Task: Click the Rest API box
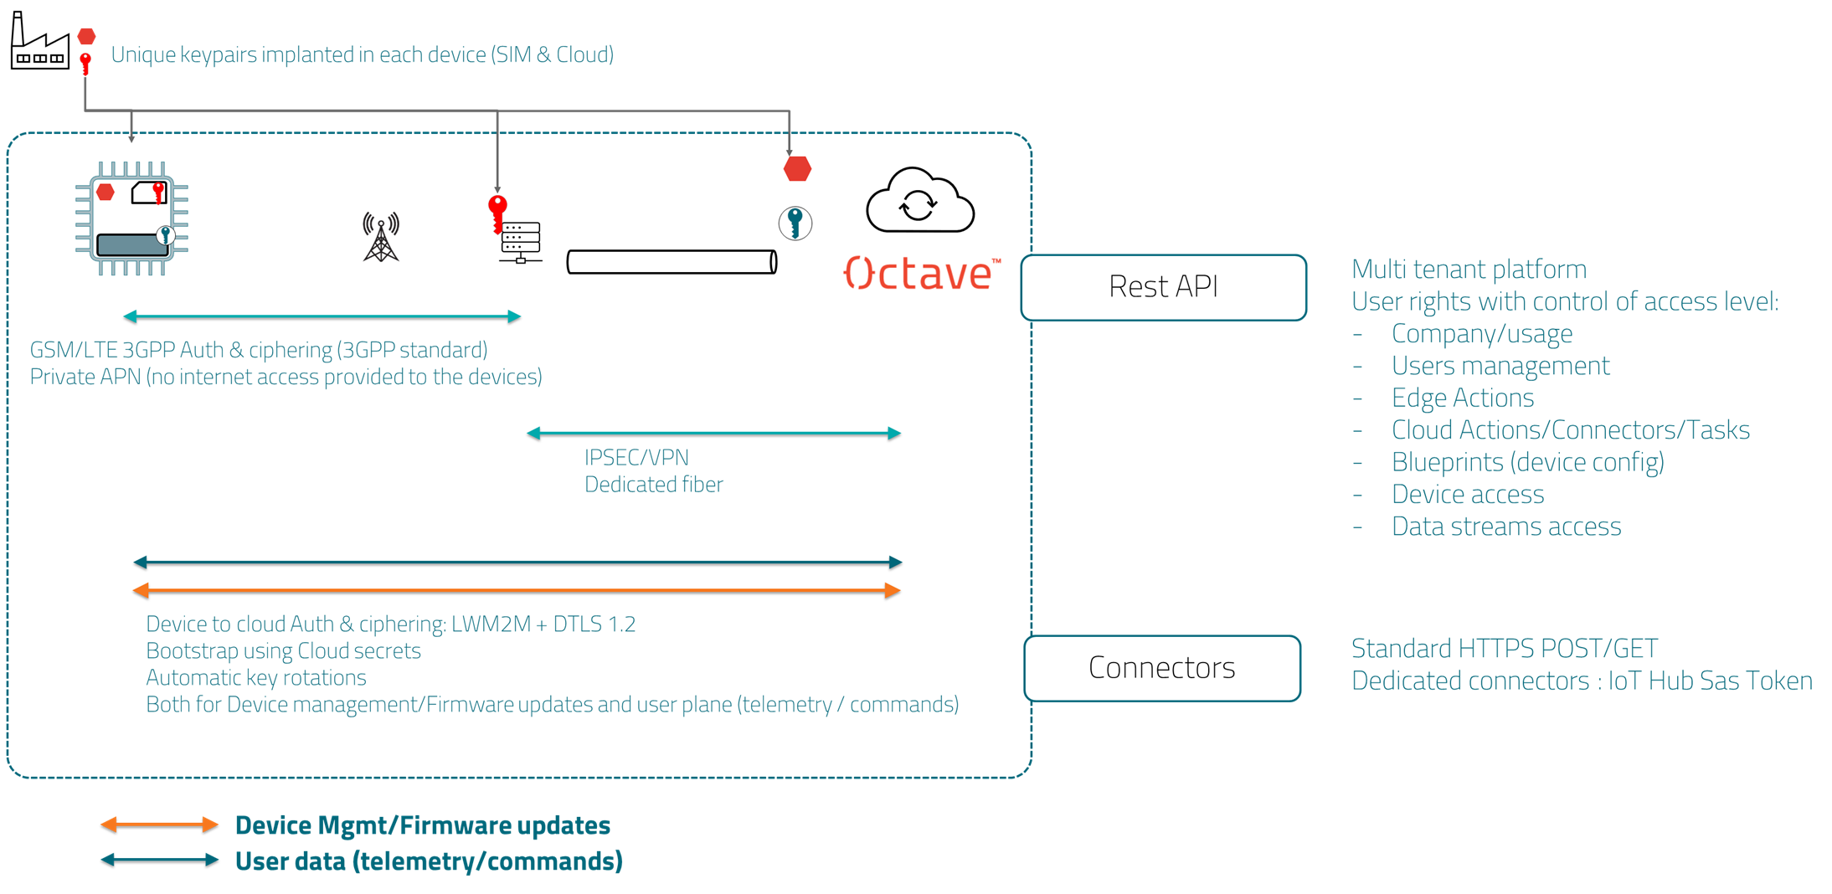(x=1163, y=287)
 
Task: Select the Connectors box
(x=1161, y=668)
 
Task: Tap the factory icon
(x=39, y=43)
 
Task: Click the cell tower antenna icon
(x=381, y=238)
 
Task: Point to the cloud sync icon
(x=919, y=202)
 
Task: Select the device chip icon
(x=131, y=219)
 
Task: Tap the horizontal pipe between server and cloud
(x=672, y=262)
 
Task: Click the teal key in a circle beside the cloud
(x=795, y=223)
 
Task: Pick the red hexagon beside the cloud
(x=797, y=169)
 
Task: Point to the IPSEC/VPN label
(x=636, y=457)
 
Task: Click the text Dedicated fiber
(x=653, y=484)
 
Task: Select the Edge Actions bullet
(x=1462, y=398)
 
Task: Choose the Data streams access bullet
(x=1505, y=527)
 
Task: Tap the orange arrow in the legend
(x=159, y=825)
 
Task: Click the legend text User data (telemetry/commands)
(x=429, y=861)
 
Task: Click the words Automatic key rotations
(x=256, y=677)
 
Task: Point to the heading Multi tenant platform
(x=1469, y=270)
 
